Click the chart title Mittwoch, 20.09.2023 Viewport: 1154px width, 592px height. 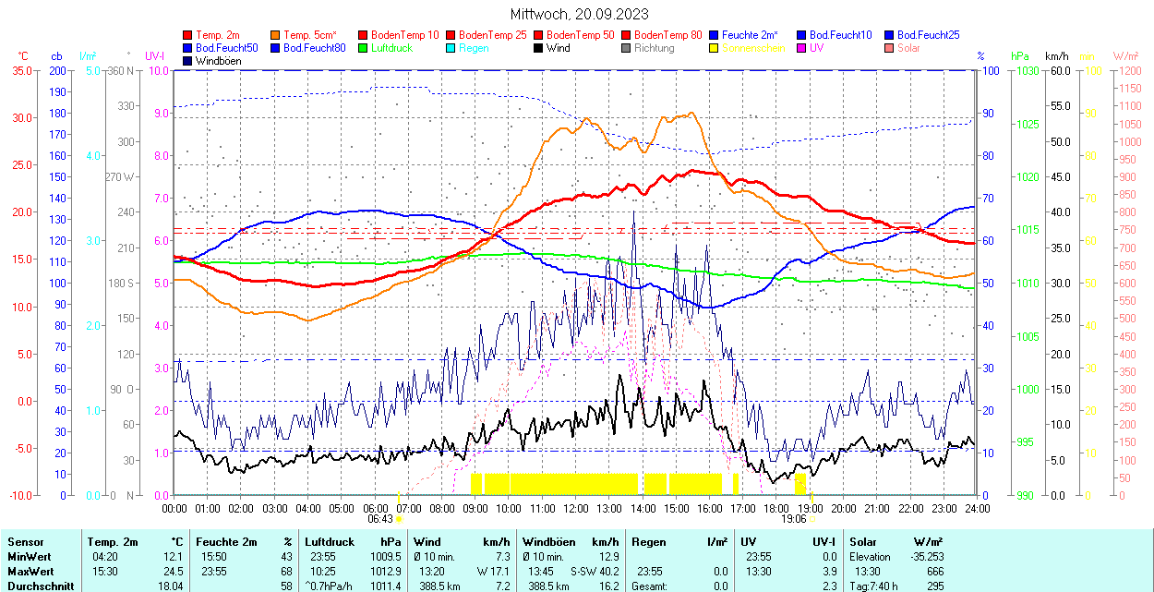point(579,14)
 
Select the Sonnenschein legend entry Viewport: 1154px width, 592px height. point(753,48)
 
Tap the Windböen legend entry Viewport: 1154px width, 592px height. point(218,61)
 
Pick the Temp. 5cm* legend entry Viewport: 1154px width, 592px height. point(310,35)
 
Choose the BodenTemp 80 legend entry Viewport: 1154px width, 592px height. point(667,35)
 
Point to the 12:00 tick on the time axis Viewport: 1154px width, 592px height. point(576,508)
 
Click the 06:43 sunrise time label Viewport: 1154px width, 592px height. point(380,519)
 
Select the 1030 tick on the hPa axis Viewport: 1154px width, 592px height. point(1027,70)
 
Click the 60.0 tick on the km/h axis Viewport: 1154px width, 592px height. point(1058,70)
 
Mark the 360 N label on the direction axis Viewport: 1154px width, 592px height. point(122,70)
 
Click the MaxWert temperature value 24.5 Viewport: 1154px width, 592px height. point(173,571)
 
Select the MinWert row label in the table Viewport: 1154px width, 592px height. point(30,557)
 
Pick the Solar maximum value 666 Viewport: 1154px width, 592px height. point(934,571)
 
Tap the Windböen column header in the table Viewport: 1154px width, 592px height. point(550,542)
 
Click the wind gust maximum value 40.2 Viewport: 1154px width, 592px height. point(606,571)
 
